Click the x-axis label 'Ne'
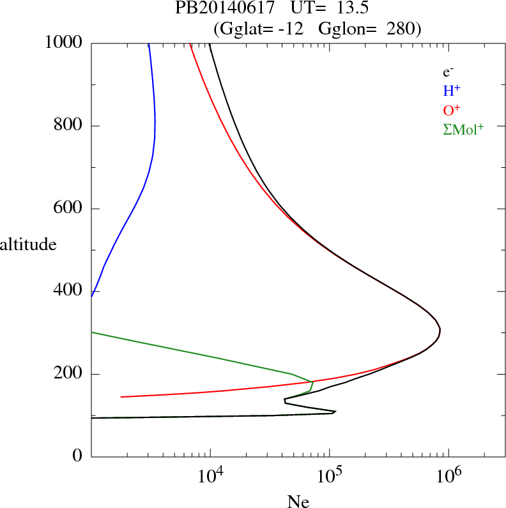[298, 502]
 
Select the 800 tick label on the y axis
[69, 126]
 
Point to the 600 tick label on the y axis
[69, 209]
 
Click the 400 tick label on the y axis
[69, 291]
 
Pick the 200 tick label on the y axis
[69, 374]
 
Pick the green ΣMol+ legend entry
[463, 129]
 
